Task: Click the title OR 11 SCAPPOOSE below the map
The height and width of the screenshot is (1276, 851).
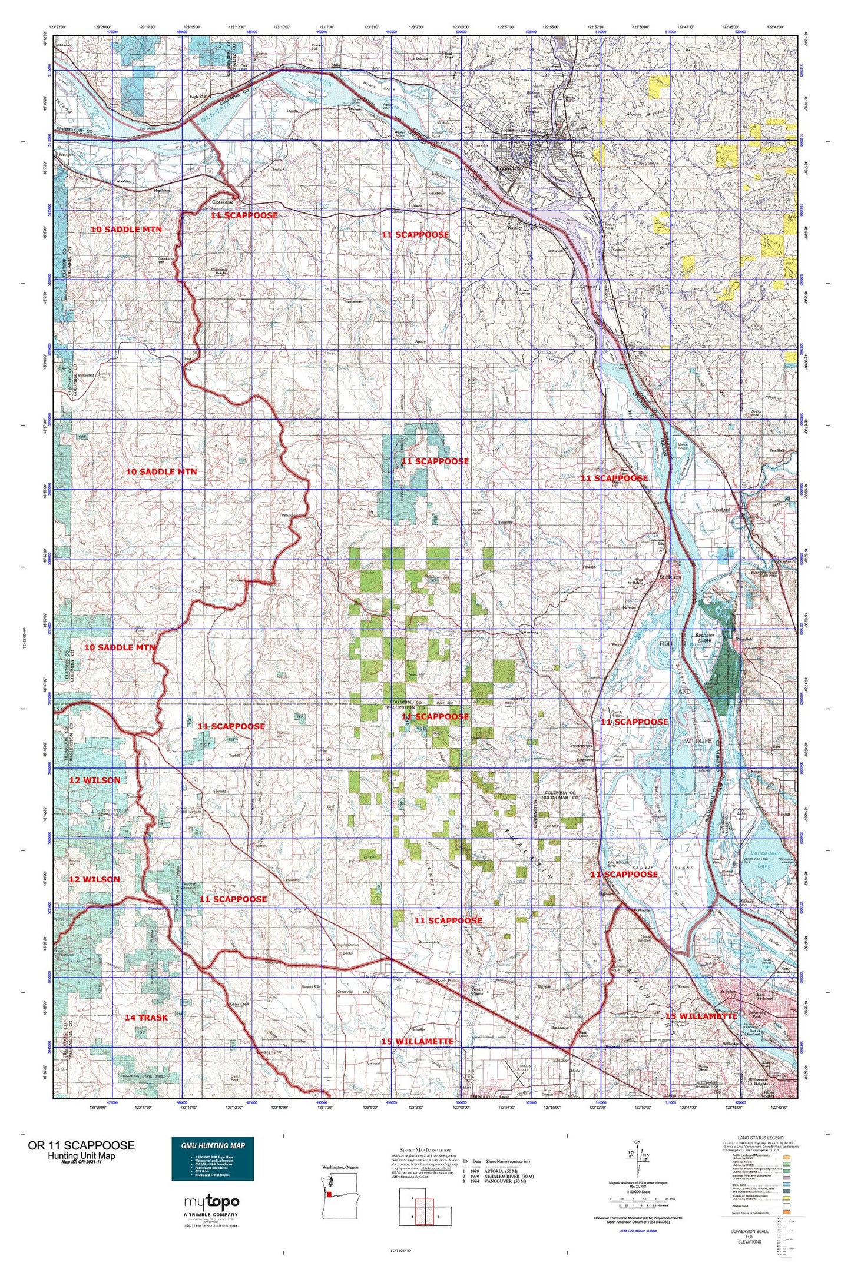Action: pos(81,1145)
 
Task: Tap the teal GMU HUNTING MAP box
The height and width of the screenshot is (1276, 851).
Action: pos(213,1158)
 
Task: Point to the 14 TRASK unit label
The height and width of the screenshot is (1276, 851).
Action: pos(146,1017)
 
